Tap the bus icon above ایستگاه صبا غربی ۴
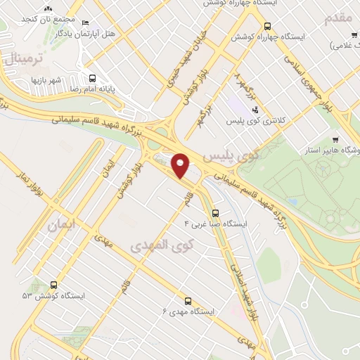click(x=215, y=212)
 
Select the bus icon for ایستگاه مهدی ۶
click(x=187, y=300)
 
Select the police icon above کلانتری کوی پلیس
click(x=255, y=109)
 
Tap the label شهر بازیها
click(x=46, y=80)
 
